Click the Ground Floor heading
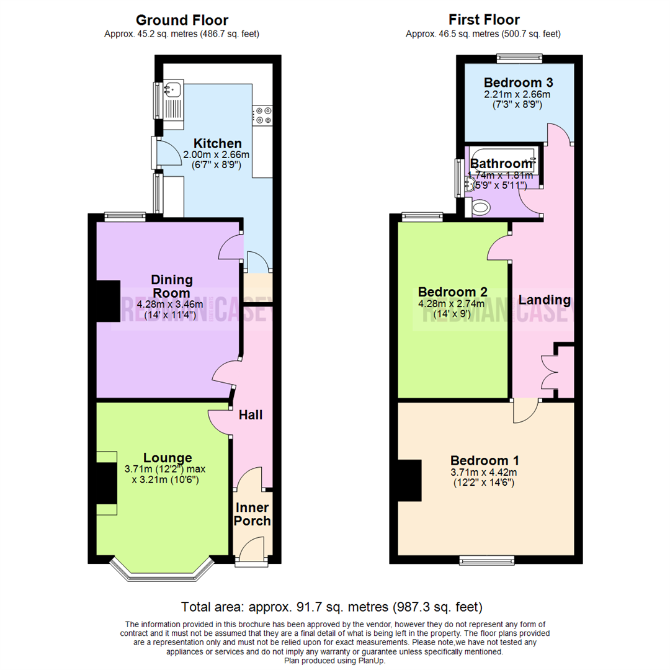181,20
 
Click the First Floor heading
483,20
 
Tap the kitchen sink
172,91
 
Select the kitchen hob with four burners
262,116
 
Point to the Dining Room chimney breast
107,301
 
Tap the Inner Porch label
252,514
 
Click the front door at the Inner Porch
252,555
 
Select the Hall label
251,414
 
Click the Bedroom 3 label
518,83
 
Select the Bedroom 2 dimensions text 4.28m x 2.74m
452,304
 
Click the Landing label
543,300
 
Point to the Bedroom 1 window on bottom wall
487,560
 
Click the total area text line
331,606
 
